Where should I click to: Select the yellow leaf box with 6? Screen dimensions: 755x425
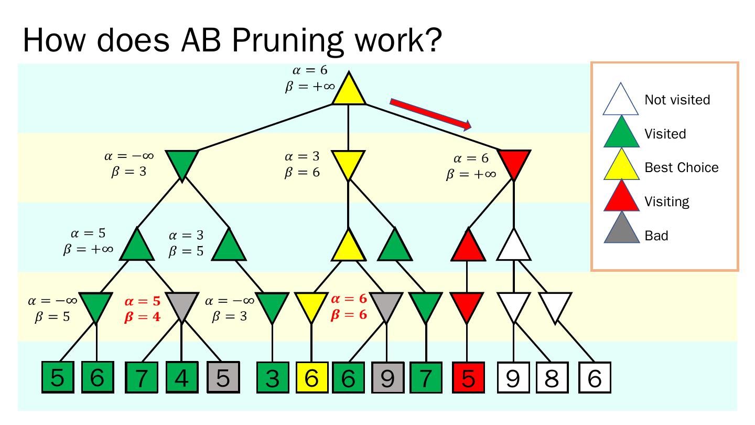pyautogui.click(x=311, y=378)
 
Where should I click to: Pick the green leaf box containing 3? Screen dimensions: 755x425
pyautogui.click(x=272, y=378)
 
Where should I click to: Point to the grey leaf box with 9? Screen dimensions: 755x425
pyautogui.click(x=387, y=378)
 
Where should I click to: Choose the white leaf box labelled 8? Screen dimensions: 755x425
pyautogui.click(x=552, y=378)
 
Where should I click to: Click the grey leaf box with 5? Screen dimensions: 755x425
pyautogui.click(x=223, y=378)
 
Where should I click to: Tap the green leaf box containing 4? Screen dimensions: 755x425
pyautogui.click(x=181, y=378)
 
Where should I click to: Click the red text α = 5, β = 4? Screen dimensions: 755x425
pyautogui.click(x=142, y=310)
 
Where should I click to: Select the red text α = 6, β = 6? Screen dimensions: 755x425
pyautogui.click(x=349, y=307)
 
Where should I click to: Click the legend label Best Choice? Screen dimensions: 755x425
pyautogui.click(x=682, y=167)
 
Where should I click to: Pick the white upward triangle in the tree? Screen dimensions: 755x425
pyautogui.click(x=514, y=247)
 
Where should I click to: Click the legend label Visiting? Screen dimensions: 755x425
pyautogui.click(x=667, y=201)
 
